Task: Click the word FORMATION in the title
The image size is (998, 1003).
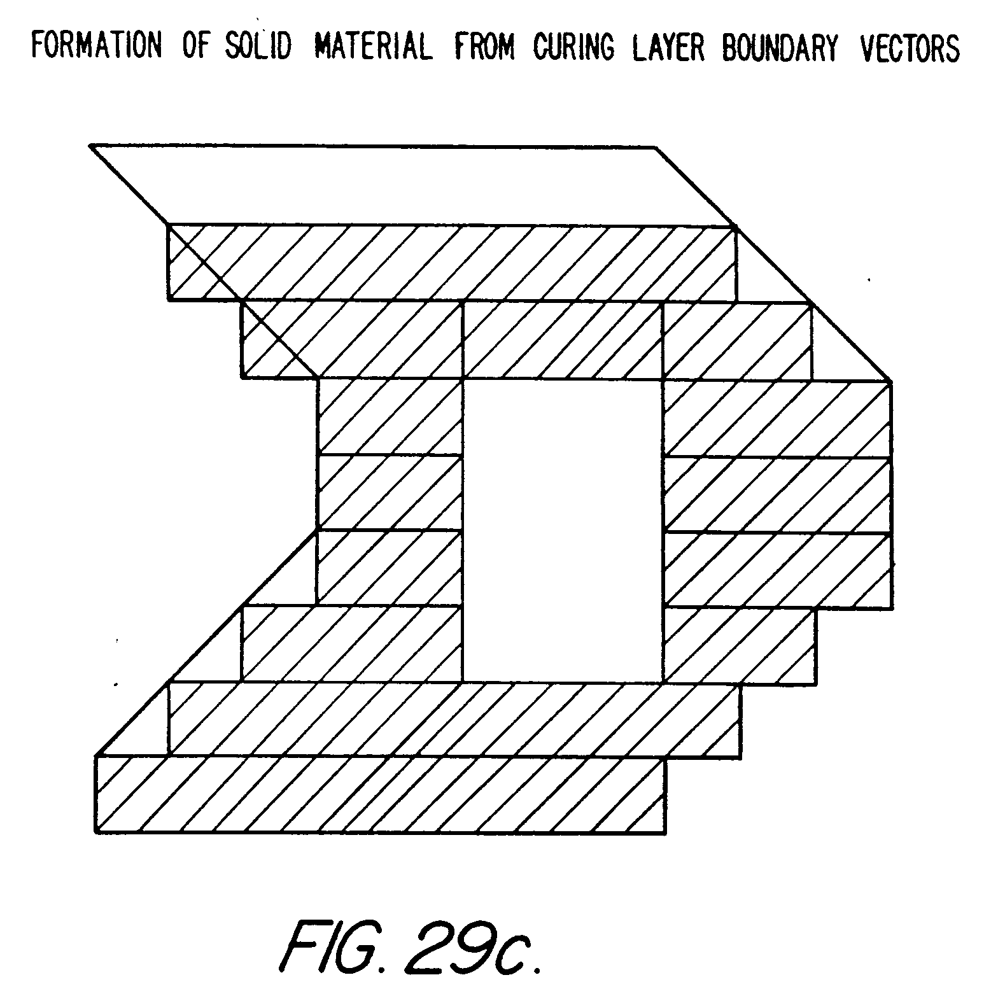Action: pos(97,47)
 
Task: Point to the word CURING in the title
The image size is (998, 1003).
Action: pos(574,47)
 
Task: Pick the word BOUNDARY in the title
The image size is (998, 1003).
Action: pos(780,47)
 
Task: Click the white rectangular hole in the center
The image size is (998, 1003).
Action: pos(563,530)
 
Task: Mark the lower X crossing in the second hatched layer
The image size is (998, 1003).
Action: pos(279,339)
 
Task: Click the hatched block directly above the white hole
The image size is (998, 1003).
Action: pos(563,340)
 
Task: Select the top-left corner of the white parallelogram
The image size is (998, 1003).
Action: pos(92,146)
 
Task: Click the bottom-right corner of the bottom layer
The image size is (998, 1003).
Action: pos(666,832)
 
